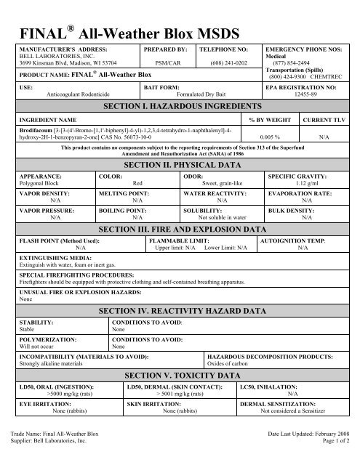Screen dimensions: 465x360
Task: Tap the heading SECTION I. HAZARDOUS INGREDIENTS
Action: coord(179,106)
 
